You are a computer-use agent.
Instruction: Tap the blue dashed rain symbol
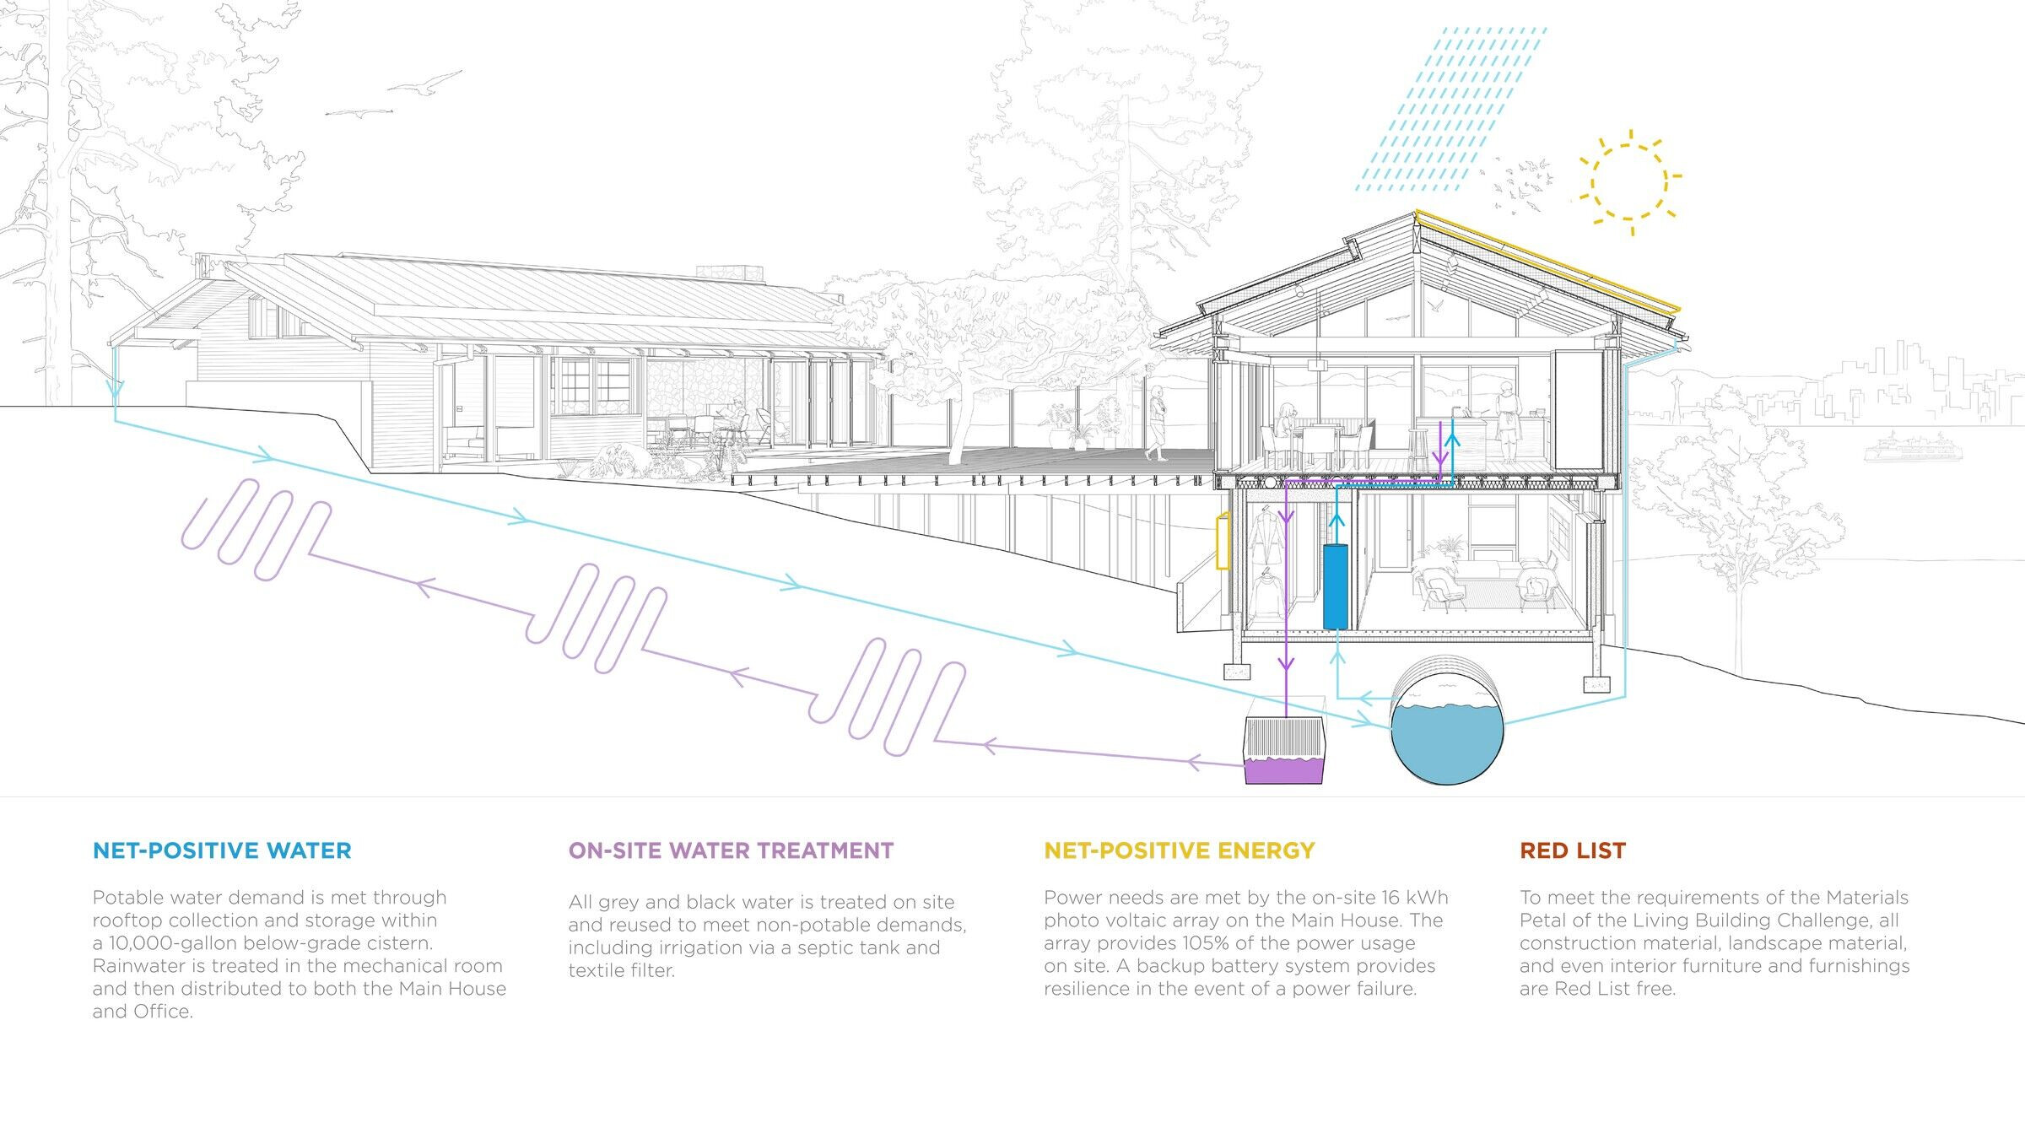tap(1451, 109)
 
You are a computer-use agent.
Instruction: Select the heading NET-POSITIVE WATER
tap(222, 850)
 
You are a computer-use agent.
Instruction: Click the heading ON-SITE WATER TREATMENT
tap(731, 850)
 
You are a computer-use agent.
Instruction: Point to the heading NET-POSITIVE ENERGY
tap(1180, 850)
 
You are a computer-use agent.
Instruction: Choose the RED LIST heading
tap(1573, 850)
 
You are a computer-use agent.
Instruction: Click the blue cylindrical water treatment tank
tap(1336, 587)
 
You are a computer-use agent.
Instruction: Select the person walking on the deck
tap(1157, 422)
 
